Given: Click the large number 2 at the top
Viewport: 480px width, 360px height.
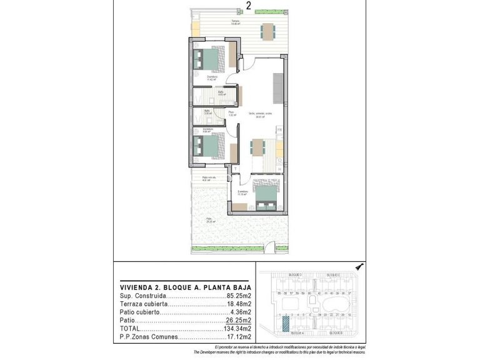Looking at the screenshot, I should (249, 6).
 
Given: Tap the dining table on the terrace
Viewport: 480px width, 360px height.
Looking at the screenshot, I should (268, 30).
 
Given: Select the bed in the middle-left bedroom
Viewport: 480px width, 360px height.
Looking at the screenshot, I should (209, 148).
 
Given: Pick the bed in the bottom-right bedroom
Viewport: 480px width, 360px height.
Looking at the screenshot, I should (266, 194).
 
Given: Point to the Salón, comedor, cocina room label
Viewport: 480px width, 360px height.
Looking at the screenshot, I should (259, 113).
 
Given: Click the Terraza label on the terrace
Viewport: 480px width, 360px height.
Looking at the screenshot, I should (236, 21).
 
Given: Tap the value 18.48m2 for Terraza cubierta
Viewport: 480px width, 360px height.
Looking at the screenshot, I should (238, 304).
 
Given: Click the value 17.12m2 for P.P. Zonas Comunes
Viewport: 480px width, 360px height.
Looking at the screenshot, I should (238, 337).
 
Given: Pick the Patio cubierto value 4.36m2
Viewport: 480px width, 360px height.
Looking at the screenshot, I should (240, 312).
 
